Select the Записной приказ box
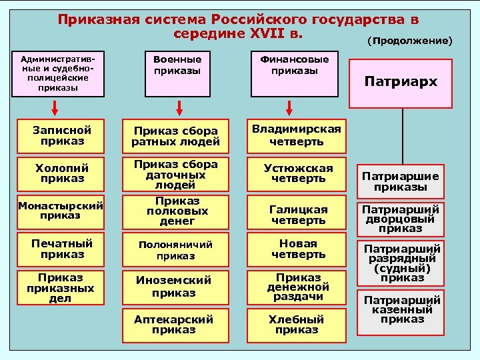coord(62,136)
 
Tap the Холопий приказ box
coord(62,173)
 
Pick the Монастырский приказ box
coord(62,210)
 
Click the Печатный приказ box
coord(62,249)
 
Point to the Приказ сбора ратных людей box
coord(175,136)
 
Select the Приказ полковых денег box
coord(175,210)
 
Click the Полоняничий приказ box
coord(175,249)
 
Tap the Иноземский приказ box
coord(175,287)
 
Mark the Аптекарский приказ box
coord(175,325)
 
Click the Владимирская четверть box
coord(297,135)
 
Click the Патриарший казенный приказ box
coord(401,309)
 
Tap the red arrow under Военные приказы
coord(179,108)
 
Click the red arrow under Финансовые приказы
coord(289,108)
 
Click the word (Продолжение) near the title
coord(409,41)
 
